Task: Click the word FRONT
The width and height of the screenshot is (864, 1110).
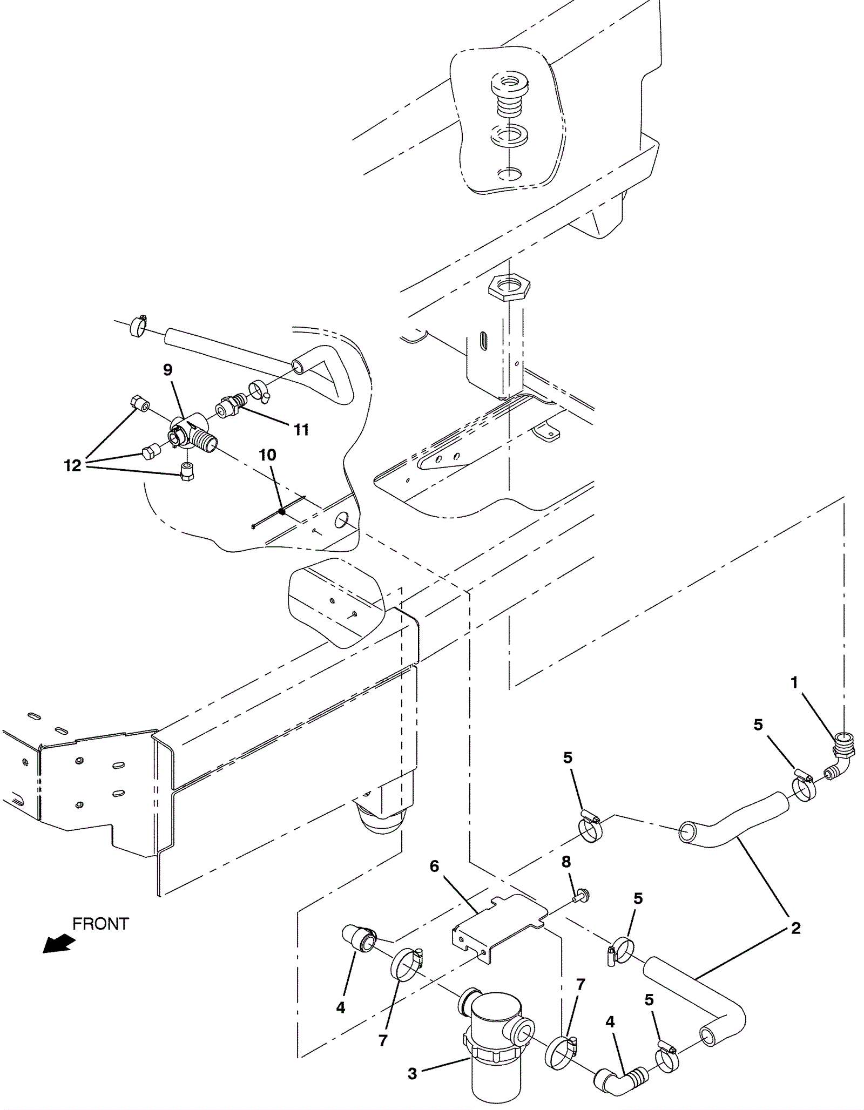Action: tap(100, 924)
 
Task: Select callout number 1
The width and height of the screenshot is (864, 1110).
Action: tap(794, 683)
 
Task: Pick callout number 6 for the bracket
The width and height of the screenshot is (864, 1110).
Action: tap(434, 867)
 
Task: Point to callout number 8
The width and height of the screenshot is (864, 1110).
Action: tap(566, 862)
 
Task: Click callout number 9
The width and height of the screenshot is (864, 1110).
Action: tap(167, 370)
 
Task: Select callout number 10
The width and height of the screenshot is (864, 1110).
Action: tap(267, 455)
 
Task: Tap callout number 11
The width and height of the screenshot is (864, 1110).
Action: tap(301, 430)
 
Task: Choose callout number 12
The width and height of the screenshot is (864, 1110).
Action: tap(72, 465)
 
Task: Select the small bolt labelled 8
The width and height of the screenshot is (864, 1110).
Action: tap(582, 896)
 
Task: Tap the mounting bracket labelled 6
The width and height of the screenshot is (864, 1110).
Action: tap(497, 923)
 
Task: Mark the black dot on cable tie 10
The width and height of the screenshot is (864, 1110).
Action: tap(281, 511)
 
